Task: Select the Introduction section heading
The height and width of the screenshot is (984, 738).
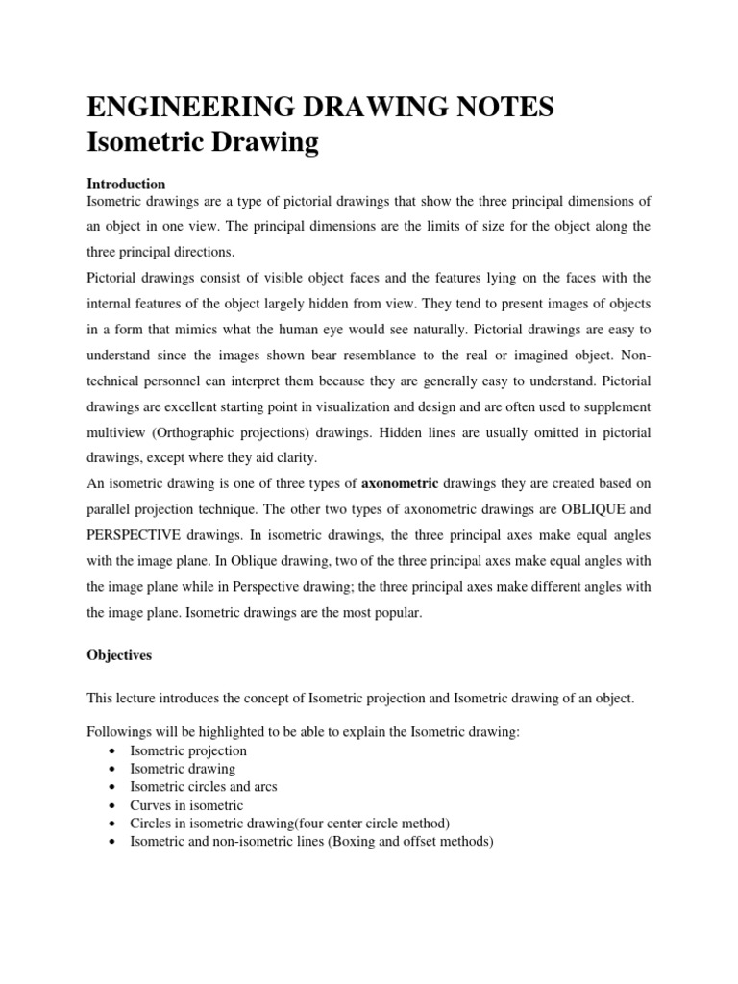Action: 126,184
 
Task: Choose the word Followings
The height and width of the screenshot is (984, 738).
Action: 120,732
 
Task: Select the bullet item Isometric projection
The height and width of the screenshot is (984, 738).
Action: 187,750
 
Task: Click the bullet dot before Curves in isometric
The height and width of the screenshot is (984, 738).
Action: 114,805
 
